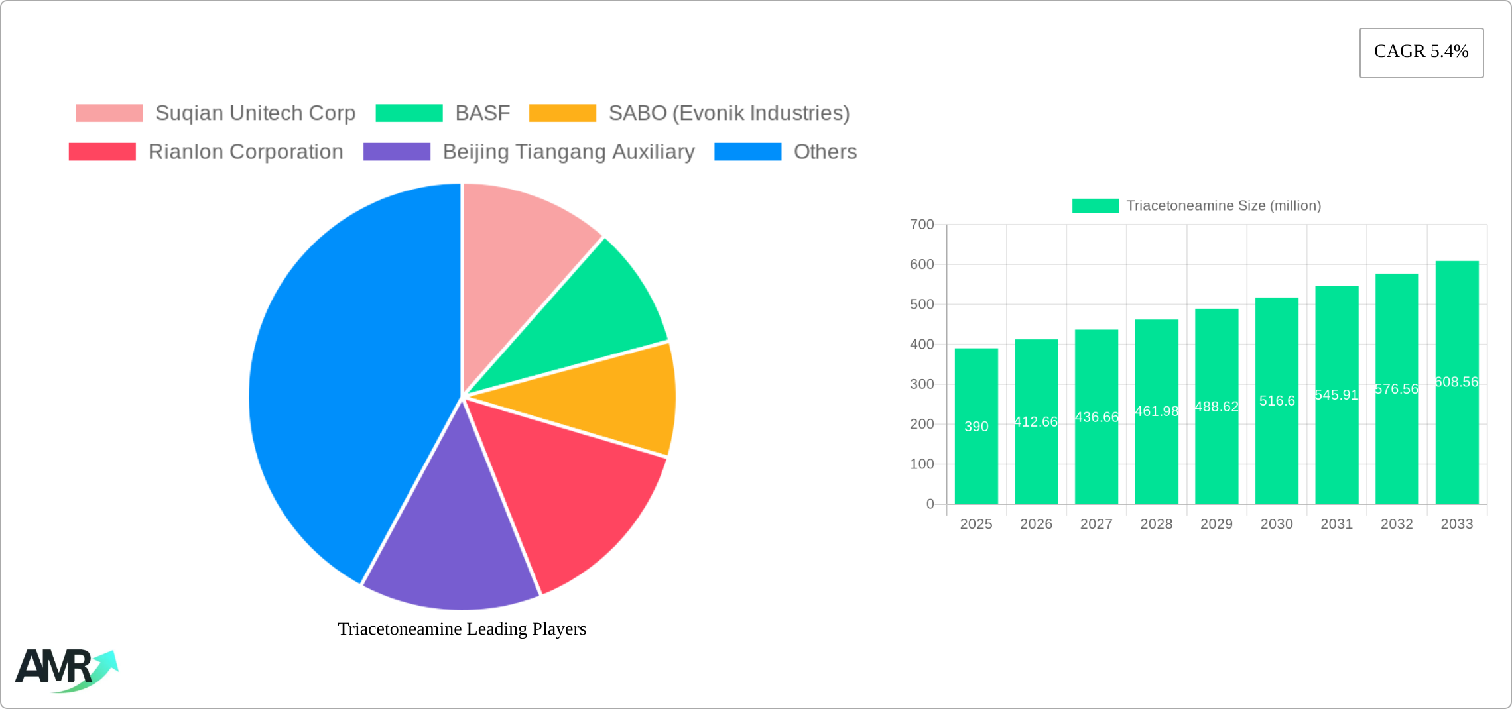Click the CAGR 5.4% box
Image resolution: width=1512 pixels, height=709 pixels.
[1421, 52]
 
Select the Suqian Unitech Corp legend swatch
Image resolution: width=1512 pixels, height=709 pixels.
[109, 113]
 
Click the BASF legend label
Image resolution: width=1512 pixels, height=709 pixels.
[482, 113]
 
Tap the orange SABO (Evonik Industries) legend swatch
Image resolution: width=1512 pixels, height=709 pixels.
[562, 113]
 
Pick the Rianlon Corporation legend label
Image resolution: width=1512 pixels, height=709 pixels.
[245, 152]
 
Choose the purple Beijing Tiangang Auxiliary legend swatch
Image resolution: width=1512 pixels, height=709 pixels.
[397, 152]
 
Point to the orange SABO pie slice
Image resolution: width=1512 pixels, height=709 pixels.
[617, 401]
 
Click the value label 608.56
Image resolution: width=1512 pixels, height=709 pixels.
[1456, 382]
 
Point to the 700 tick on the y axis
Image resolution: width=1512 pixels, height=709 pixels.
[922, 225]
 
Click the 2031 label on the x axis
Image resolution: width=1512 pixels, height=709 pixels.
[1336, 524]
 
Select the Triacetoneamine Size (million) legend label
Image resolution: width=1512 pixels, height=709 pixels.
[1224, 206]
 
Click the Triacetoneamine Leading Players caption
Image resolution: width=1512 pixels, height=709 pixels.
[462, 629]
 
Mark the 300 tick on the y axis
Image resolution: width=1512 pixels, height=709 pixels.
[922, 384]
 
